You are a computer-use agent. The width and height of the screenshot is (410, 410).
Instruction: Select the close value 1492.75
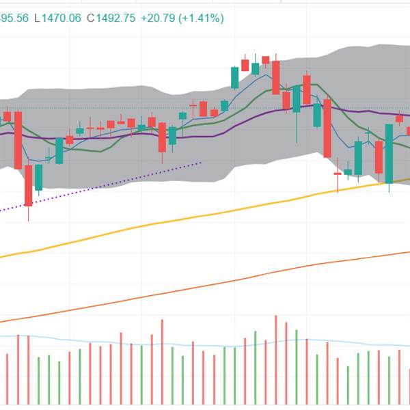coord(113,19)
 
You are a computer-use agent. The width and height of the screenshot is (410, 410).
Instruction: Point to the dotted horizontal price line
coord(171,108)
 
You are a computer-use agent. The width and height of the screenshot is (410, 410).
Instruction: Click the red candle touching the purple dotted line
coord(28,184)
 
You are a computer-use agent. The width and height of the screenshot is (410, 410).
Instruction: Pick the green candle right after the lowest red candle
coord(39,177)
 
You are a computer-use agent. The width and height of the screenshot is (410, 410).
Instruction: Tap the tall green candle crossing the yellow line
coord(389,153)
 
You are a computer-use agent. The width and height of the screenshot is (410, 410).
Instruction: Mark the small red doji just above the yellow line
coord(338,174)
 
